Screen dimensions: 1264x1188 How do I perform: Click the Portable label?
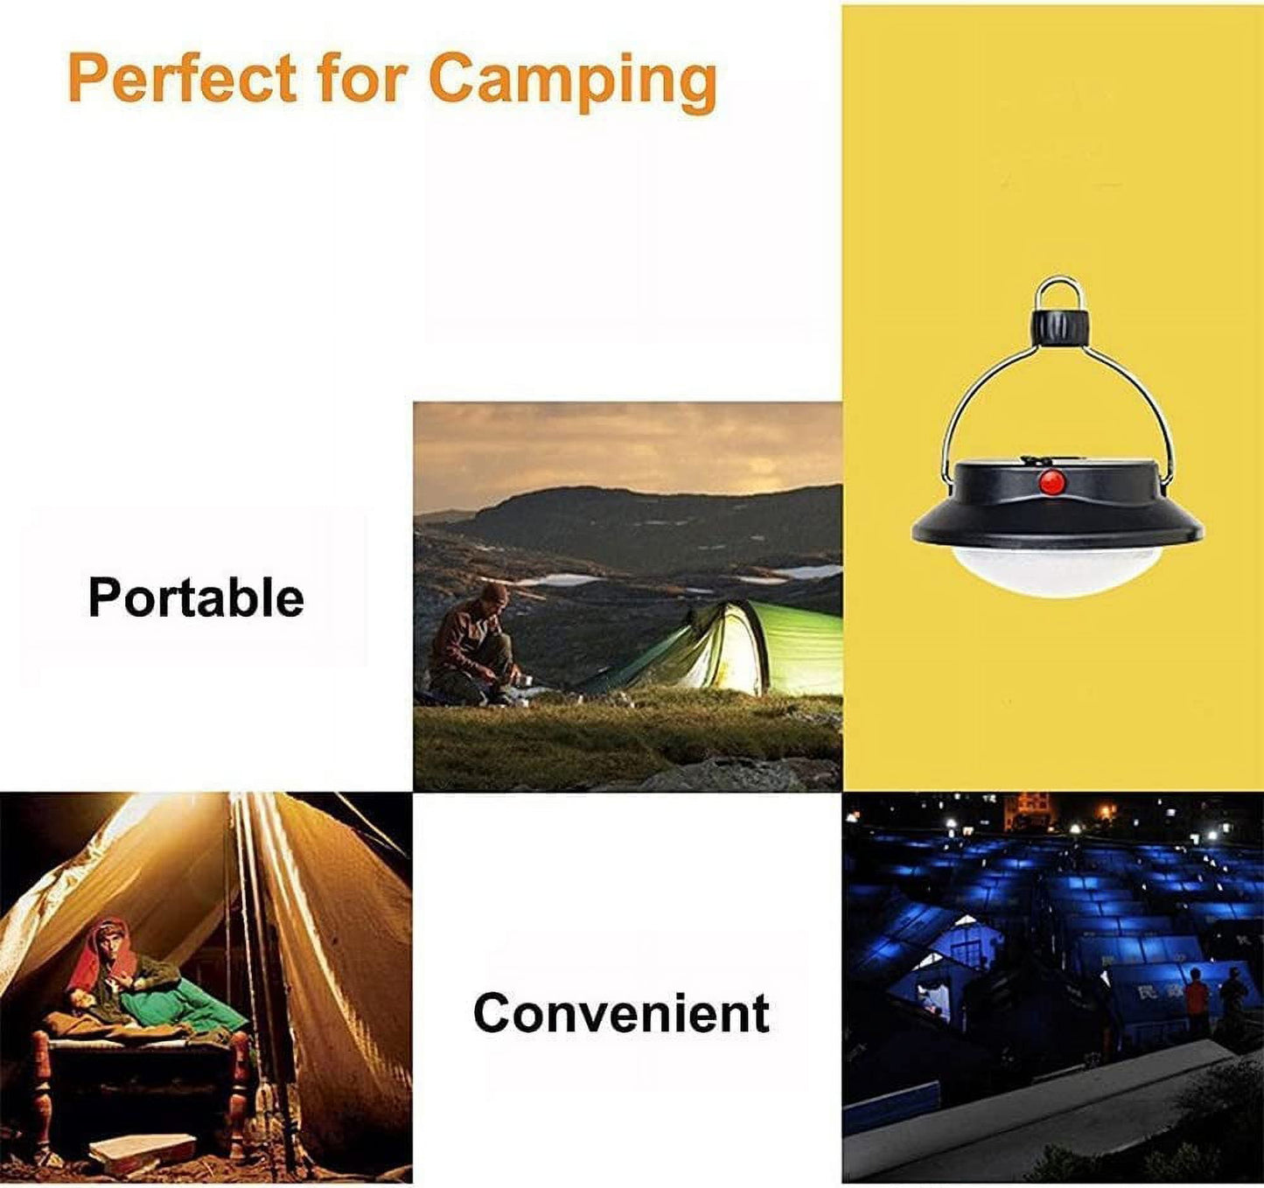pos(196,597)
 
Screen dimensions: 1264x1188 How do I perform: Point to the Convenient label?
pos(621,1013)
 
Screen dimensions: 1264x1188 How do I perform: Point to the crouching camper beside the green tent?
pos(474,643)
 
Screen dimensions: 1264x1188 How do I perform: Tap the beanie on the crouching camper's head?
pos(494,593)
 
